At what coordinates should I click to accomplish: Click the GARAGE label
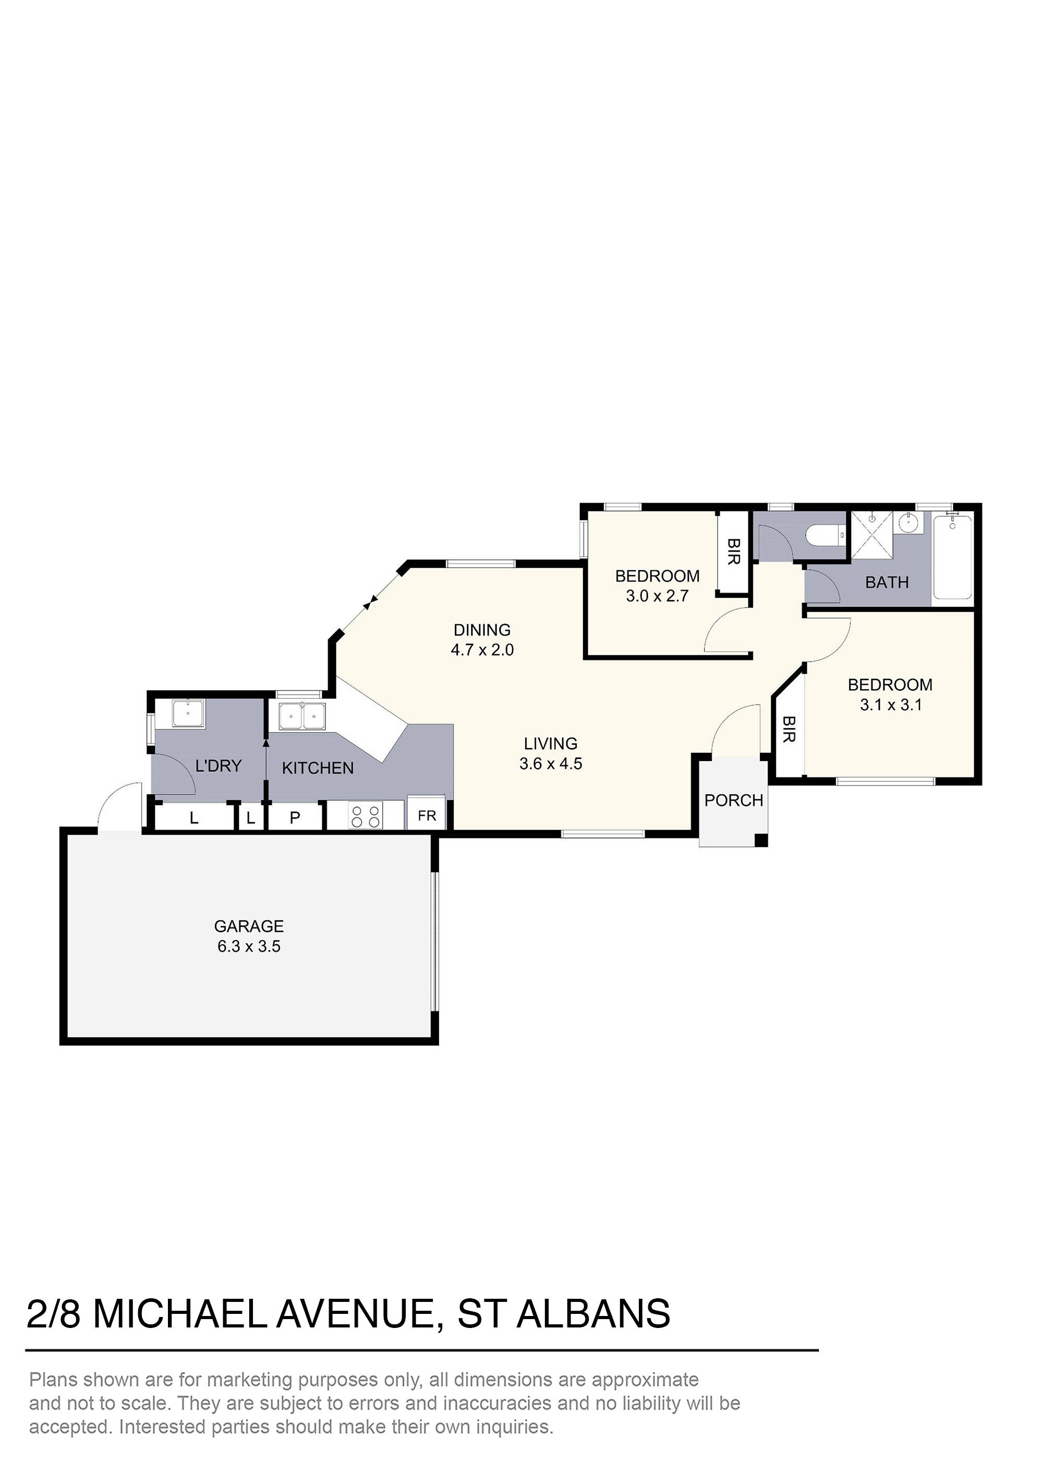click(249, 926)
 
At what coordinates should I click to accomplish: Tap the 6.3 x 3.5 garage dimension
click(249, 946)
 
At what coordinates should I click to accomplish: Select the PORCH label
click(733, 800)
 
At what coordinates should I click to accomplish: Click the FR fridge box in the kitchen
click(427, 816)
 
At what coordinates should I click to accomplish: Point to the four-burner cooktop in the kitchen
click(365, 816)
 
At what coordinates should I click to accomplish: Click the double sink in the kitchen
click(302, 716)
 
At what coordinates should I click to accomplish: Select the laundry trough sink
click(188, 713)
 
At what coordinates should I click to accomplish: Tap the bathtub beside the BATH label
click(952, 556)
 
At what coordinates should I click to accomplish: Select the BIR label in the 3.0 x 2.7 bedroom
click(733, 552)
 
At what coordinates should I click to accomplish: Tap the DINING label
click(482, 630)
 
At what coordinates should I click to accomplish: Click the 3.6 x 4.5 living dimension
click(551, 764)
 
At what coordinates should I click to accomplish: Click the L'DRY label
click(219, 766)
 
